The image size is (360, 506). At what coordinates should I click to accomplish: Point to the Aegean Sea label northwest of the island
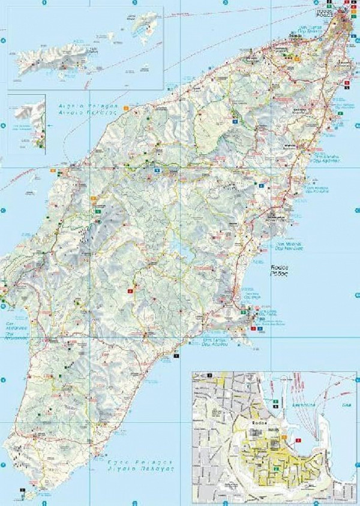(86, 108)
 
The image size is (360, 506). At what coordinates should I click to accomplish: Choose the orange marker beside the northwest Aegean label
(125, 107)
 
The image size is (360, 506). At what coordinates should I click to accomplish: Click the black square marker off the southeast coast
(176, 356)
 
